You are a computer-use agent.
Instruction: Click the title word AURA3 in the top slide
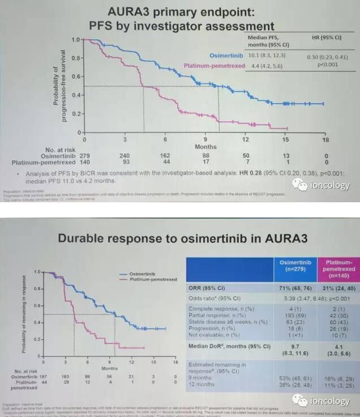point(139,12)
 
